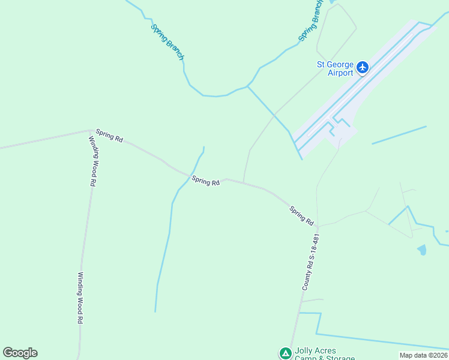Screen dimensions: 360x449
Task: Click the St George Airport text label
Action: [x=336, y=68]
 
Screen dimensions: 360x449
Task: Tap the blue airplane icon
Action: [x=363, y=67]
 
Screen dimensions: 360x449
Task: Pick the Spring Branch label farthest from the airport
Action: [x=167, y=41]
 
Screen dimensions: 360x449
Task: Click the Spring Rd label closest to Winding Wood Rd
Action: [x=109, y=136]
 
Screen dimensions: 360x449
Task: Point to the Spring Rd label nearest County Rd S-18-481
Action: [x=301, y=216]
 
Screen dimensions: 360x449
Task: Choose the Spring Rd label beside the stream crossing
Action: [x=206, y=180]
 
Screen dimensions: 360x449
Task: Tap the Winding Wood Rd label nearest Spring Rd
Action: [x=93, y=160]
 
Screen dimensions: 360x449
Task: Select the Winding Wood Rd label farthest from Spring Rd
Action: [x=79, y=298]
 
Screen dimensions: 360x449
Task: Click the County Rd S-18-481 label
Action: [x=308, y=262]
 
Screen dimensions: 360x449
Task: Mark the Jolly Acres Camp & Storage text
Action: [x=324, y=354]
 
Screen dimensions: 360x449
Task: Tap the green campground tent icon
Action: [x=285, y=353]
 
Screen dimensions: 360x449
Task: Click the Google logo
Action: [x=20, y=353]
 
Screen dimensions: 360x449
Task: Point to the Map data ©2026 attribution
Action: [x=423, y=355]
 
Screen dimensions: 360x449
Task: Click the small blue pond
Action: [x=422, y=249]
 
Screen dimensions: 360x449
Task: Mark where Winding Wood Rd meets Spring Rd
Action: [x=91, y=130]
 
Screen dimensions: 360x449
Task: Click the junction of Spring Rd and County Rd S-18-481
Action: [x=317, y=226]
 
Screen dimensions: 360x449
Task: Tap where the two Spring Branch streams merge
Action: [x=247, y=86]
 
